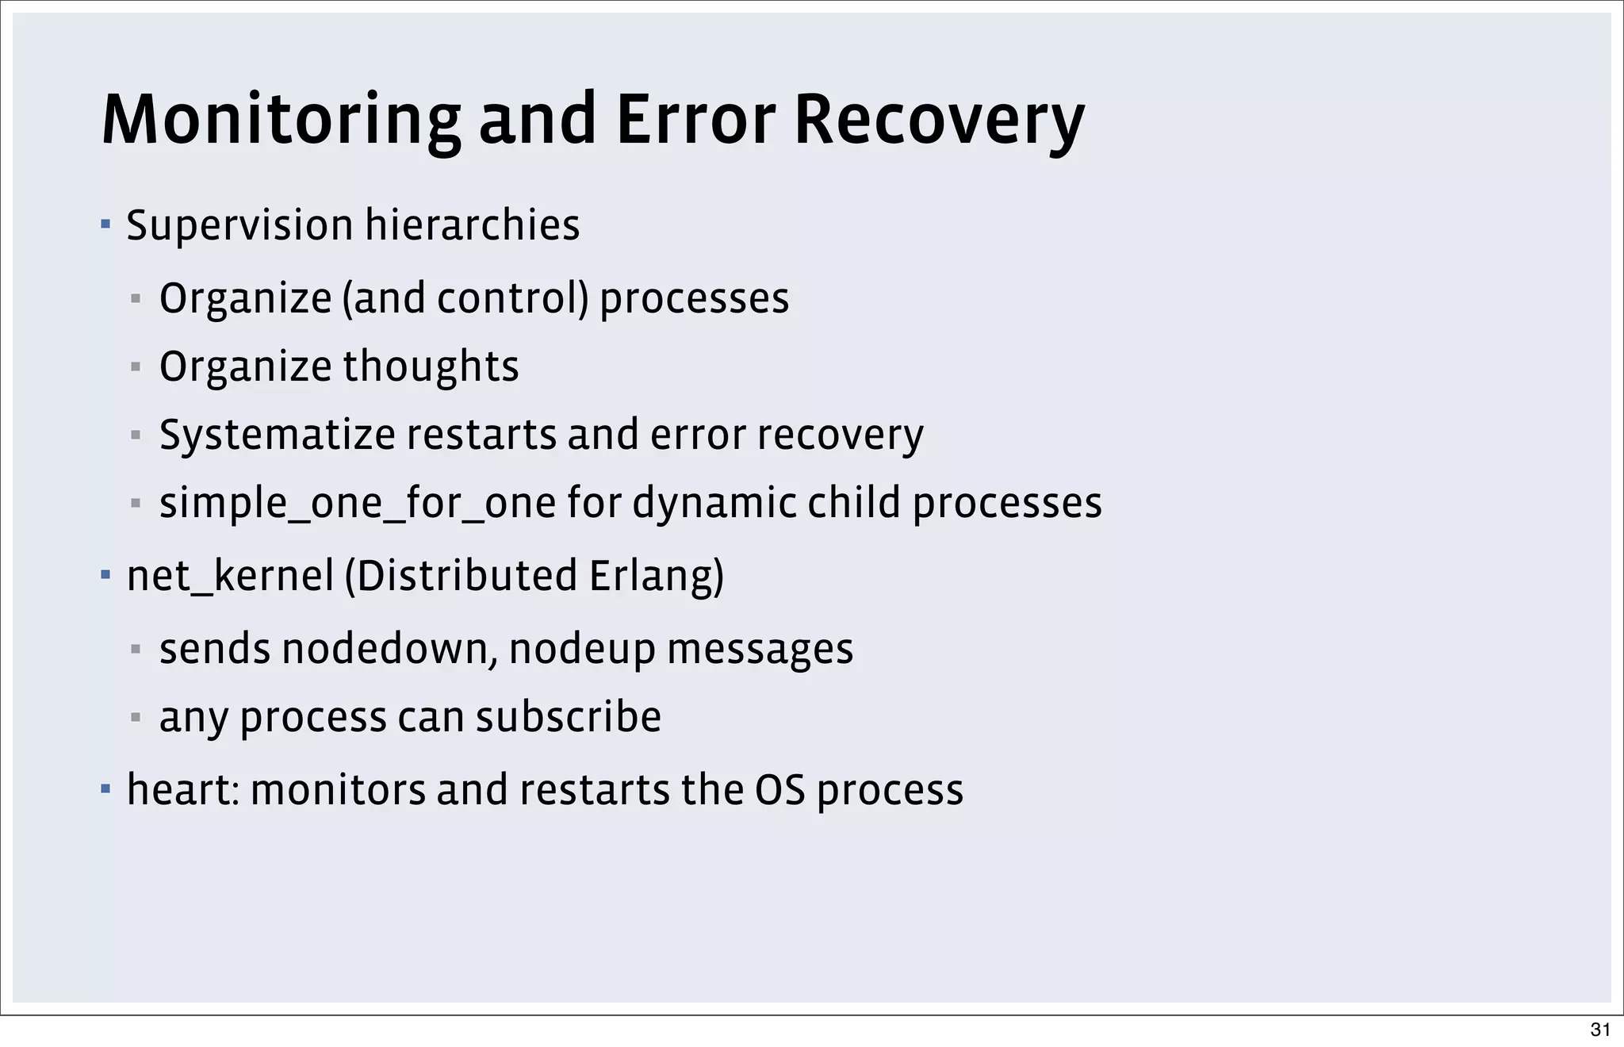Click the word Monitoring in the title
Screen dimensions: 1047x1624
[x=281, y=121]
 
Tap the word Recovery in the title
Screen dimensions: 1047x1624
[x=939, y=121]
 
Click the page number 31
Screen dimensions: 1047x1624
[x=1600, y=1030]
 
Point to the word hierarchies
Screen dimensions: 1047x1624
[x=472, y=226]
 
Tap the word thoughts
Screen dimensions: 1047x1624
[x=431, y=367]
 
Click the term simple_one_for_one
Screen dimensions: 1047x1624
[x=358, y=504]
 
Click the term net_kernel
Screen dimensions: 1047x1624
[x=230, y=577]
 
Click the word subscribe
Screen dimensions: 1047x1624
[x=569, y=717]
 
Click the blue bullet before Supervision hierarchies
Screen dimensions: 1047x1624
[x=105, y=224]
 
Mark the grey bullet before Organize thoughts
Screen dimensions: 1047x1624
[x=136, y=367]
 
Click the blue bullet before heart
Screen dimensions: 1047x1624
[x=105, y=789]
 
